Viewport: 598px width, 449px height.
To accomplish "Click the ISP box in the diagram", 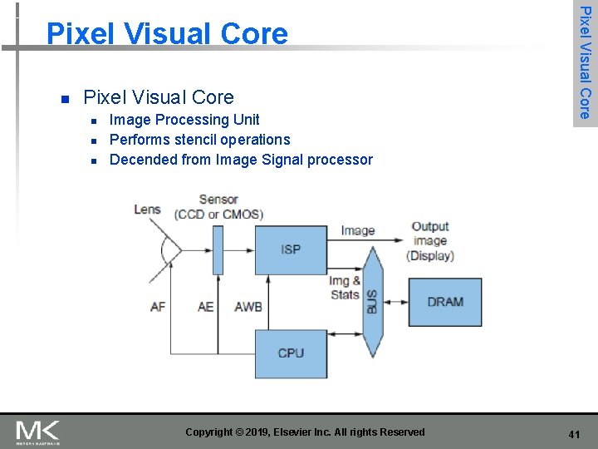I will pyautogui.click(x=291, y=249).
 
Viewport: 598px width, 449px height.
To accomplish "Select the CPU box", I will pyautogui.click(x=291, y=353).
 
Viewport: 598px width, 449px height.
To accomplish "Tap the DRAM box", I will pyautogui.click(x=445, y=302).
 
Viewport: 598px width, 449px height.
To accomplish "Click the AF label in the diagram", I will pyautogui.click(x=158, y=307).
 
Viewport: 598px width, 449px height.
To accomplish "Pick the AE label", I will pyautogui.click(x=205, y=307).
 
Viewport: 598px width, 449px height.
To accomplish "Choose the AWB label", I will pyautogui.click(x=248, y=307).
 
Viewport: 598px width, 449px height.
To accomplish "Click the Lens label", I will pyautogui.click(x=147, y=209).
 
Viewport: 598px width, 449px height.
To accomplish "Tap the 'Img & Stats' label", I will pyautogui.click(x=345, y=288).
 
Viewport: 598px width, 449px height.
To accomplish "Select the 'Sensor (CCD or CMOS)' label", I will pyautogui.click(x=218, y=207).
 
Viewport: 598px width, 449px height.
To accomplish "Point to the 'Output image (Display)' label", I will pyautogui.click(x=430, y=241).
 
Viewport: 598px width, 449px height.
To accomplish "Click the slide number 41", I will pyautogui.click(x=574, y=434).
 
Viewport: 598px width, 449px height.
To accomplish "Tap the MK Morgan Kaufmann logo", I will pyautogui.click(x=37, y=432).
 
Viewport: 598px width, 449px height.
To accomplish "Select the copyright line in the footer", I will pyautogui.click(x=305, y=432).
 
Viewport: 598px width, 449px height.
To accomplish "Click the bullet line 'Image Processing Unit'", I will pyautogui.click(x=184, y=120).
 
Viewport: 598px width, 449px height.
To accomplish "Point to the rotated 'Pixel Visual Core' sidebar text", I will pyautogui.click(x=586, y=62).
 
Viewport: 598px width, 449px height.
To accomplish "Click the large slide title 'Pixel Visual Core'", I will pyautogui.click(x=167, y=33).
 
